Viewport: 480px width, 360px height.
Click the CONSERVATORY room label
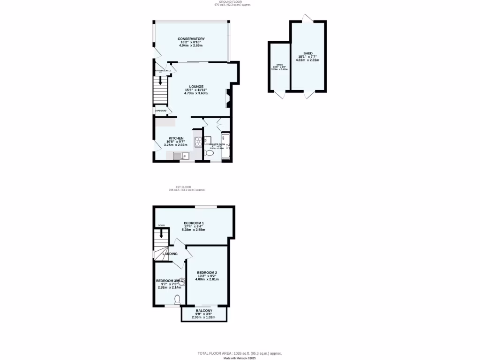pos(191,38)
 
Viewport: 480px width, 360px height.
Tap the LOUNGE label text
pos(195,86)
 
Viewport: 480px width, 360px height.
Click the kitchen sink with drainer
pos(180,156)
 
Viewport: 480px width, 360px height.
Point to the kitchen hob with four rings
pos(196,140)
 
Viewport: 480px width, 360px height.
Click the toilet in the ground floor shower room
pos(210,153)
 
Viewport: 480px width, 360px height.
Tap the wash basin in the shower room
pos(207,139)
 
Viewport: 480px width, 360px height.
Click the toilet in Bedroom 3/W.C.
pos(177,299)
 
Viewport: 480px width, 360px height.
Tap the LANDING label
pos(170,254)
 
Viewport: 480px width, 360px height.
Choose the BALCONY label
pos(204,311)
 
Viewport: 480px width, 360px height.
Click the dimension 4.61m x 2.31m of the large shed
pos(307,60)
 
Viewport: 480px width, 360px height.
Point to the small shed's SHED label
pos(279,65)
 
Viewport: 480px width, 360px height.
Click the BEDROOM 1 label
pos(194,223)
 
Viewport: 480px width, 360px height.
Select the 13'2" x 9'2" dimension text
pos(207,276)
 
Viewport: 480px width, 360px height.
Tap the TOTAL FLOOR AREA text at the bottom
pos(240,353)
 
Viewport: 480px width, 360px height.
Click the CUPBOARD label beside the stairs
pos(161,111)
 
